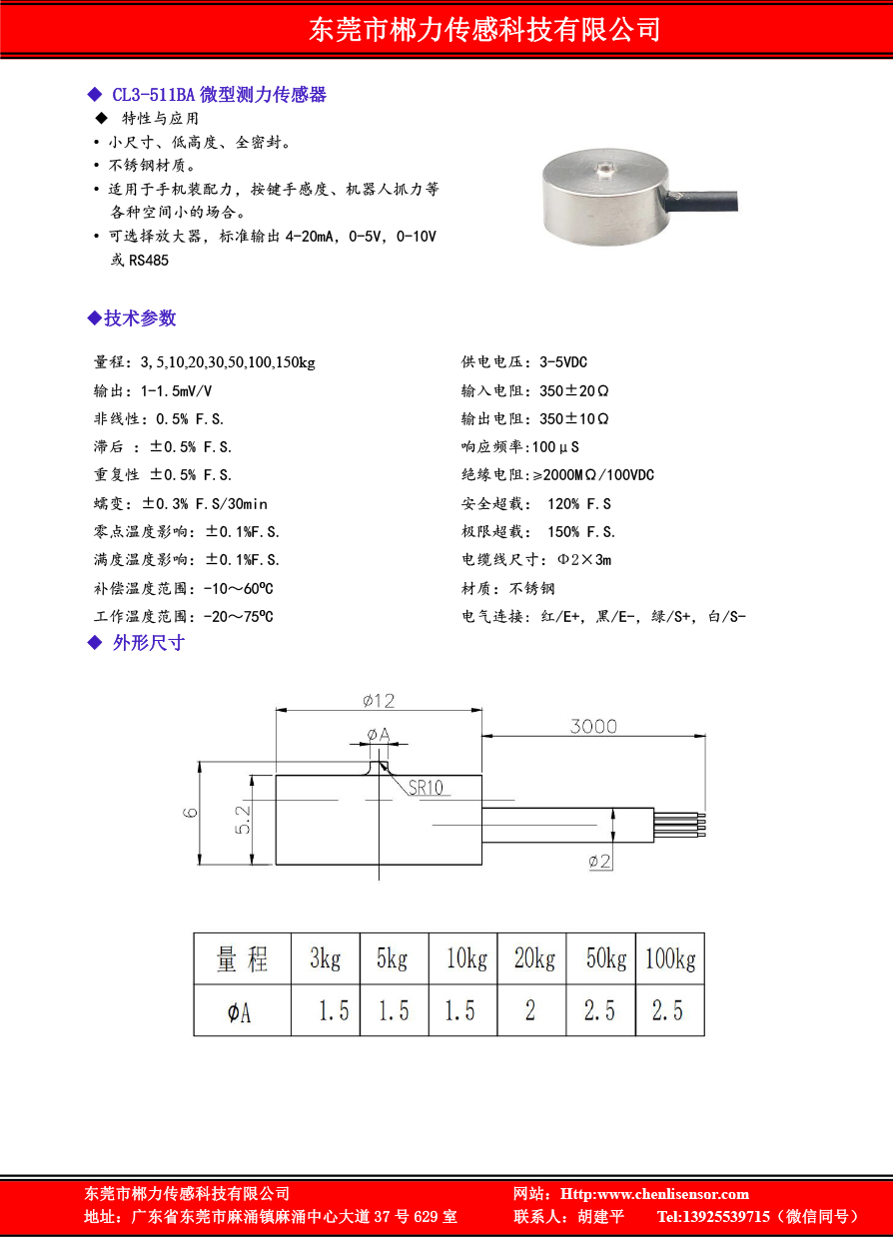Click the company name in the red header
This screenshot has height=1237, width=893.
[x=485, y=29]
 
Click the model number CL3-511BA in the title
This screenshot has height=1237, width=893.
[x=153, y=95]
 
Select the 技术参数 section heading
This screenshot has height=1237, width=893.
[x=140, y=318]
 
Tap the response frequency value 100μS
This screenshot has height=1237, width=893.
[x=556, y=447]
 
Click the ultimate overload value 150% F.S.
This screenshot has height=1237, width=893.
[x=581, y=532]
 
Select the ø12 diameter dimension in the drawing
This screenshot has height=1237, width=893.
[x=379, y=701]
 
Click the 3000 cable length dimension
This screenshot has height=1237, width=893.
[x=593, y=726]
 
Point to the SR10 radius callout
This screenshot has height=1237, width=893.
[x=426, y=788]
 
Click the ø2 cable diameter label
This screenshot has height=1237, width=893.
[x=599, y=860]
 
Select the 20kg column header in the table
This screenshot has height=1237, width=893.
[x=532, y=959]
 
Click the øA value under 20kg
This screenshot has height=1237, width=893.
[x=531, y=1011]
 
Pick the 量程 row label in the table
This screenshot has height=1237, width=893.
[x=243, y=960]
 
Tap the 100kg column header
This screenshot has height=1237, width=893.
[x=670, y=959]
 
